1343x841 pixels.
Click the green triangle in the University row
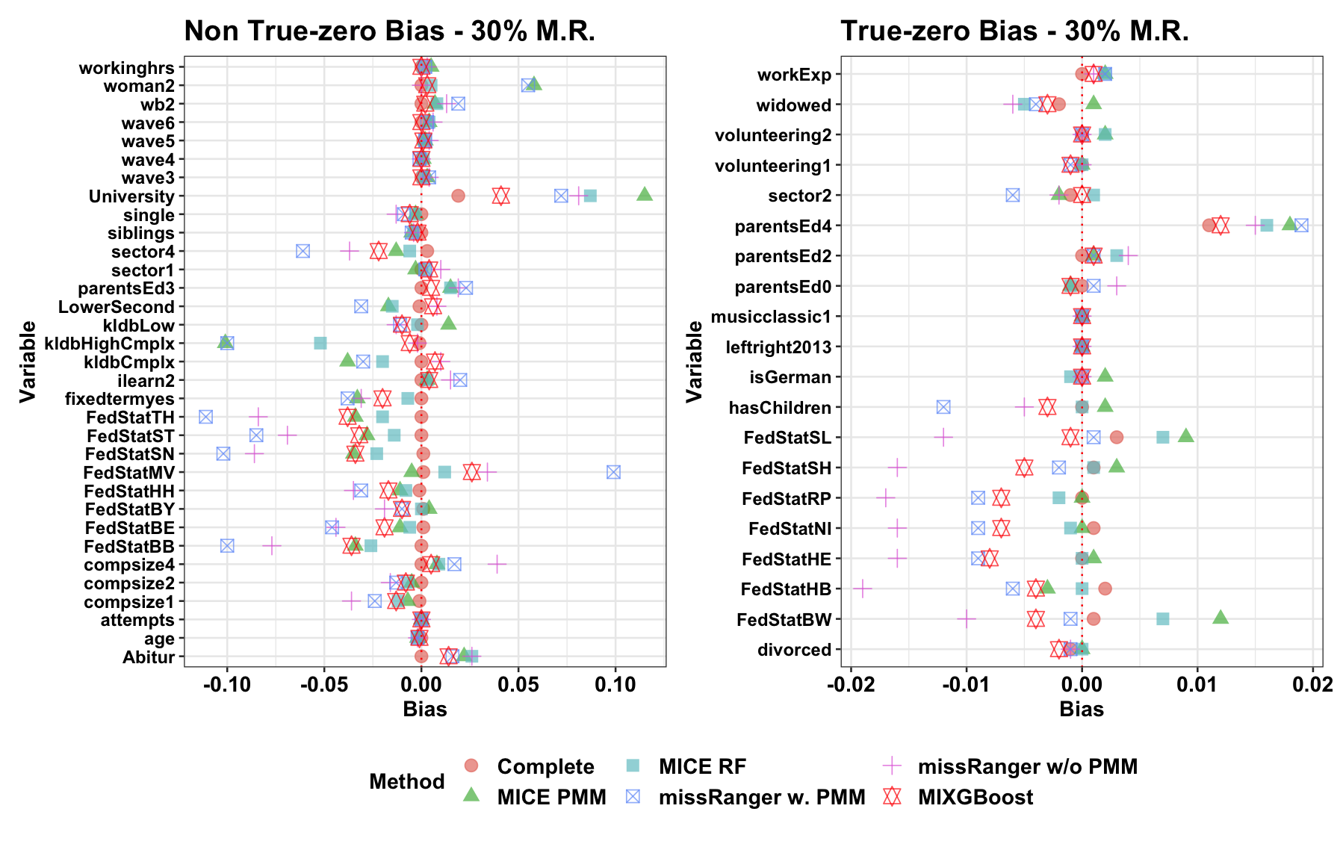(x=645, y=194)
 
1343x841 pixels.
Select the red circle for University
(x=458, y=196)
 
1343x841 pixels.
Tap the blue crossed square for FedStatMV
(x=613, y=472)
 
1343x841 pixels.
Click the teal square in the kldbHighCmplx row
(x=320, y=343)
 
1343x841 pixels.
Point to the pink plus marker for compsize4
(x=497, y=564)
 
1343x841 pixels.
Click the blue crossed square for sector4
(x=303, y=251)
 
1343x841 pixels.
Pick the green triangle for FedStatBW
(x=1221, y=617)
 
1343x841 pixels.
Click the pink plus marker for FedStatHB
(x=862, y=589)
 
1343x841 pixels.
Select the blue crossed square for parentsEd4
(x=1301, y=225)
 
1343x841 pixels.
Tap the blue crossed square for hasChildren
(x=943, y=407)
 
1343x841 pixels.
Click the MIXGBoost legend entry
(x=975, y=797)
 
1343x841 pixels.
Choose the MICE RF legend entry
(x=702, y=766)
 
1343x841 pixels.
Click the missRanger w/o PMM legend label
(x=1027, y=766)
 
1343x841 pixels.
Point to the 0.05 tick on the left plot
(x=518, y=684)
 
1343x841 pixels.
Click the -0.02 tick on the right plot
(x=850, y=684)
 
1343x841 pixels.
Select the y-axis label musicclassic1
(x=771, y=317)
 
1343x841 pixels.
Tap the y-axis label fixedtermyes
(x=120, y=399)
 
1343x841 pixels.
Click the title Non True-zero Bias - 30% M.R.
(x=389, y=31)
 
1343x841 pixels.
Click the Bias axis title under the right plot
(x=1081, y=709)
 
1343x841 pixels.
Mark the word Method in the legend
(x=406, y=781)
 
